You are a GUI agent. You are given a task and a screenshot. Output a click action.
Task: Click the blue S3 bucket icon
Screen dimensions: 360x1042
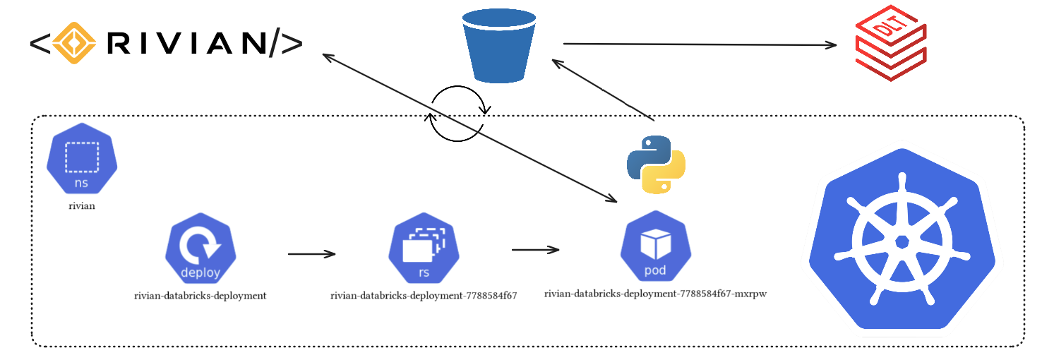coord(498,46)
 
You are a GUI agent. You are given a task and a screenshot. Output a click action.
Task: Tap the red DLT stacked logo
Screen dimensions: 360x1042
coord(891,43)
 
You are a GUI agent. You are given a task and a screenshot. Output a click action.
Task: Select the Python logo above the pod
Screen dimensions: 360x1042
coord(656,164)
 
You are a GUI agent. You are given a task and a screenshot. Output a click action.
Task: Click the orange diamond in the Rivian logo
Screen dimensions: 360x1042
coord(75,43)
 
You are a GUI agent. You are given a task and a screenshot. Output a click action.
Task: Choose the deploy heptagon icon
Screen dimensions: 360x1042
coord(200,248)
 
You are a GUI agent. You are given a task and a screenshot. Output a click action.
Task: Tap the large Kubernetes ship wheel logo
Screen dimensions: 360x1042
coord(902,241)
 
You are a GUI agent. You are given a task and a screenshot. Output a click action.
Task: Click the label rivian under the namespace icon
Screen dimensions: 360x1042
coord(82,207)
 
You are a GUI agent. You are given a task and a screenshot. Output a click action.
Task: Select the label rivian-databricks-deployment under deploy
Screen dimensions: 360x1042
coord(200,296)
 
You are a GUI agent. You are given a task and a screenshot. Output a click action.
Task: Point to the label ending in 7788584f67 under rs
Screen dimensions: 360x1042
coord(424,296)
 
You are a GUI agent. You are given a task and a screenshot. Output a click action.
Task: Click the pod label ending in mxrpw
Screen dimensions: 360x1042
coord(655,294)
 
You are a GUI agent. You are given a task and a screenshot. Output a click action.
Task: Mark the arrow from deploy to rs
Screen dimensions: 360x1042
coord(311,253)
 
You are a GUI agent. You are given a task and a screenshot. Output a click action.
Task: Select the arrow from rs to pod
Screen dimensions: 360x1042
coord(535,249)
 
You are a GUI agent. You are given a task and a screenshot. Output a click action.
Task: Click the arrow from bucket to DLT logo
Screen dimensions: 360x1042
coord(699,44)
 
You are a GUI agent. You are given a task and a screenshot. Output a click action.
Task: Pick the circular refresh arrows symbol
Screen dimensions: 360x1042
coord(457,114)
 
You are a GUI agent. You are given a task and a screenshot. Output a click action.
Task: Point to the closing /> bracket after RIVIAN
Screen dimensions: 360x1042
coord(286,44)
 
